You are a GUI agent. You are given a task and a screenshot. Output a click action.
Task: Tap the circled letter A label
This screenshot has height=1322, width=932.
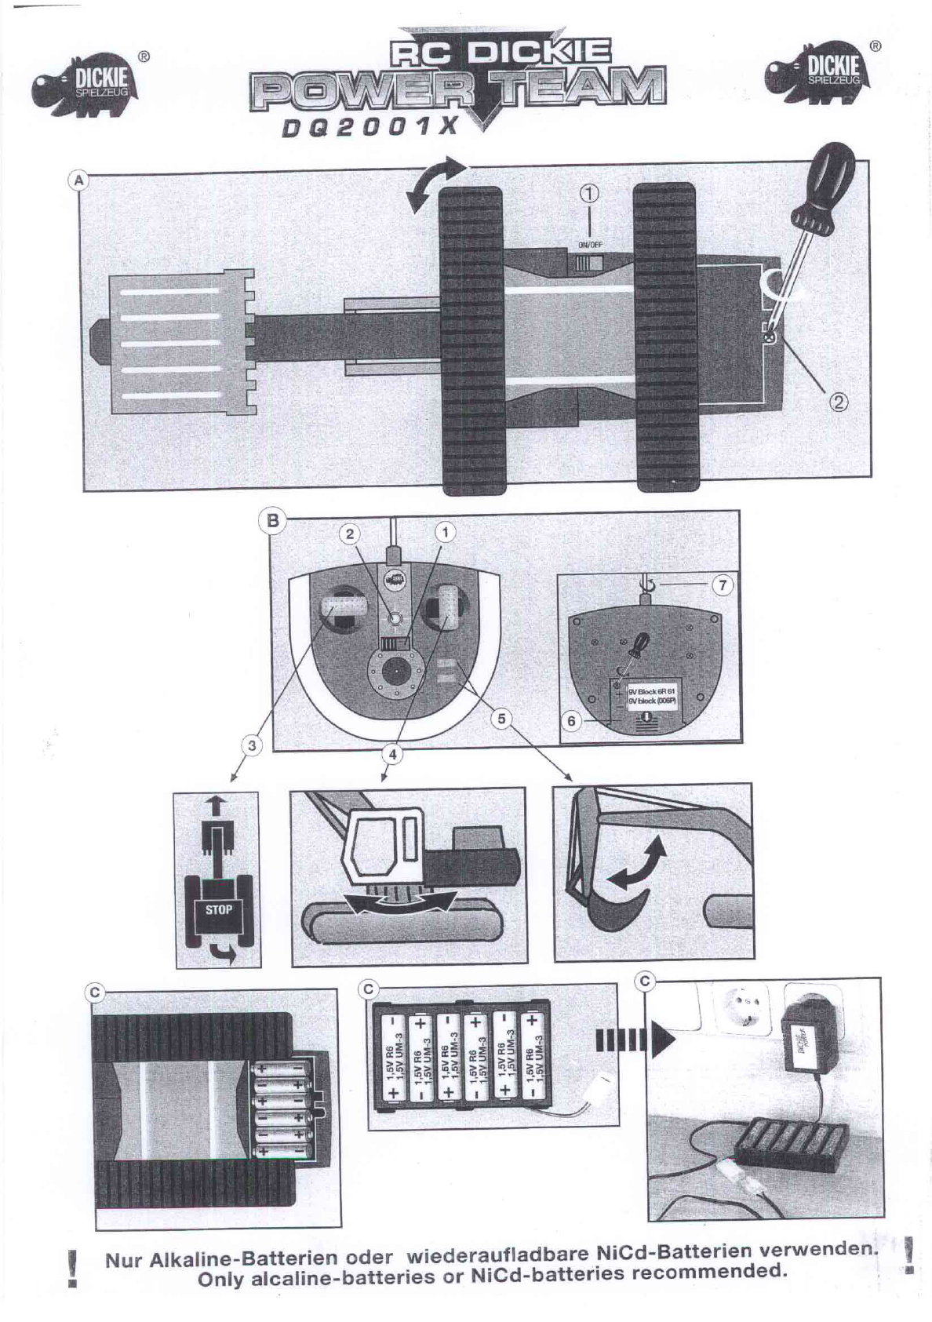[78, 180]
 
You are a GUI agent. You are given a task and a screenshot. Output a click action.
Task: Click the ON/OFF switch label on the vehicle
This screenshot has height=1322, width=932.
[590, 244]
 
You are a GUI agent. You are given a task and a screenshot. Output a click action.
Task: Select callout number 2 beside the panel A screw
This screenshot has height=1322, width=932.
[839, 402]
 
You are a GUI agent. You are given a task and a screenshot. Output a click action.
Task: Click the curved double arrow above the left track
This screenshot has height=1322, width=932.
[437, 183]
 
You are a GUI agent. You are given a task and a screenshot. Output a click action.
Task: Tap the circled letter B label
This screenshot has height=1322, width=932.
[273, 521]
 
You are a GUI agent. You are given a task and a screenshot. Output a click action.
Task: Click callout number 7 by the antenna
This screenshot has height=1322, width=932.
[723, 585]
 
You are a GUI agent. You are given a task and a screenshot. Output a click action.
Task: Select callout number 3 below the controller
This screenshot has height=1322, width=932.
[251, 745]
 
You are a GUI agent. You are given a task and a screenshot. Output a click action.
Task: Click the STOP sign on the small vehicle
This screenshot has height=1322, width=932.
[218, 911]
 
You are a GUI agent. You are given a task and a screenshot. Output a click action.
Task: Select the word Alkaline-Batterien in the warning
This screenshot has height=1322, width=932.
[231, 1262]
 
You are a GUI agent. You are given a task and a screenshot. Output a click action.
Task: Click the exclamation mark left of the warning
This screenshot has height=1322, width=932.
[72, 1268]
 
